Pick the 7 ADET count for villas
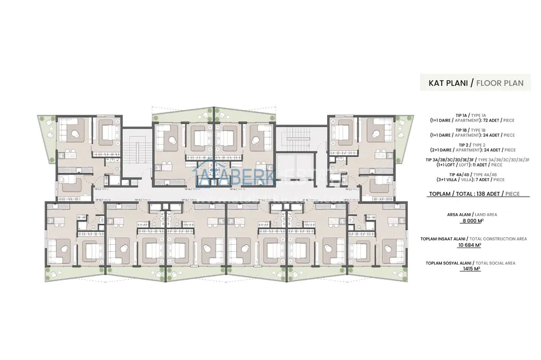[x=481, y=179]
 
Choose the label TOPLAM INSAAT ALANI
[x=443, y=238]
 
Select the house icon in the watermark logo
[x=206, y=176]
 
